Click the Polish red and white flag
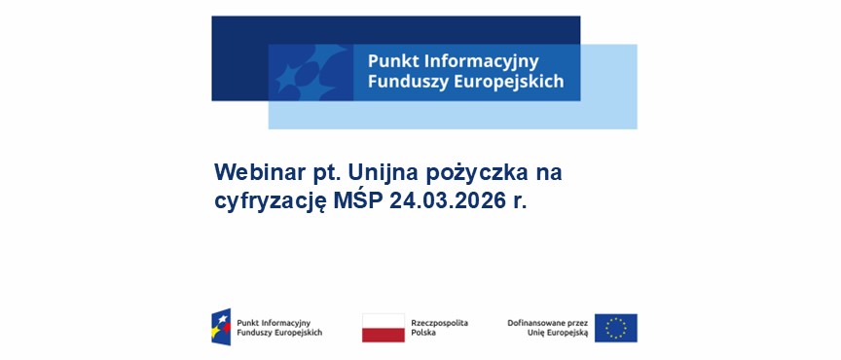[383, 328]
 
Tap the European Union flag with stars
[615, 328]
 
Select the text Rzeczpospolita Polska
[439, 327]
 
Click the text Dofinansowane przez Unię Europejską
[548, 327]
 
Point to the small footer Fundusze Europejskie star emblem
[221, 327]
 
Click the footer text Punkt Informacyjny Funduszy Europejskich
[278, 327]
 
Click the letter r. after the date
[519, 202]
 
